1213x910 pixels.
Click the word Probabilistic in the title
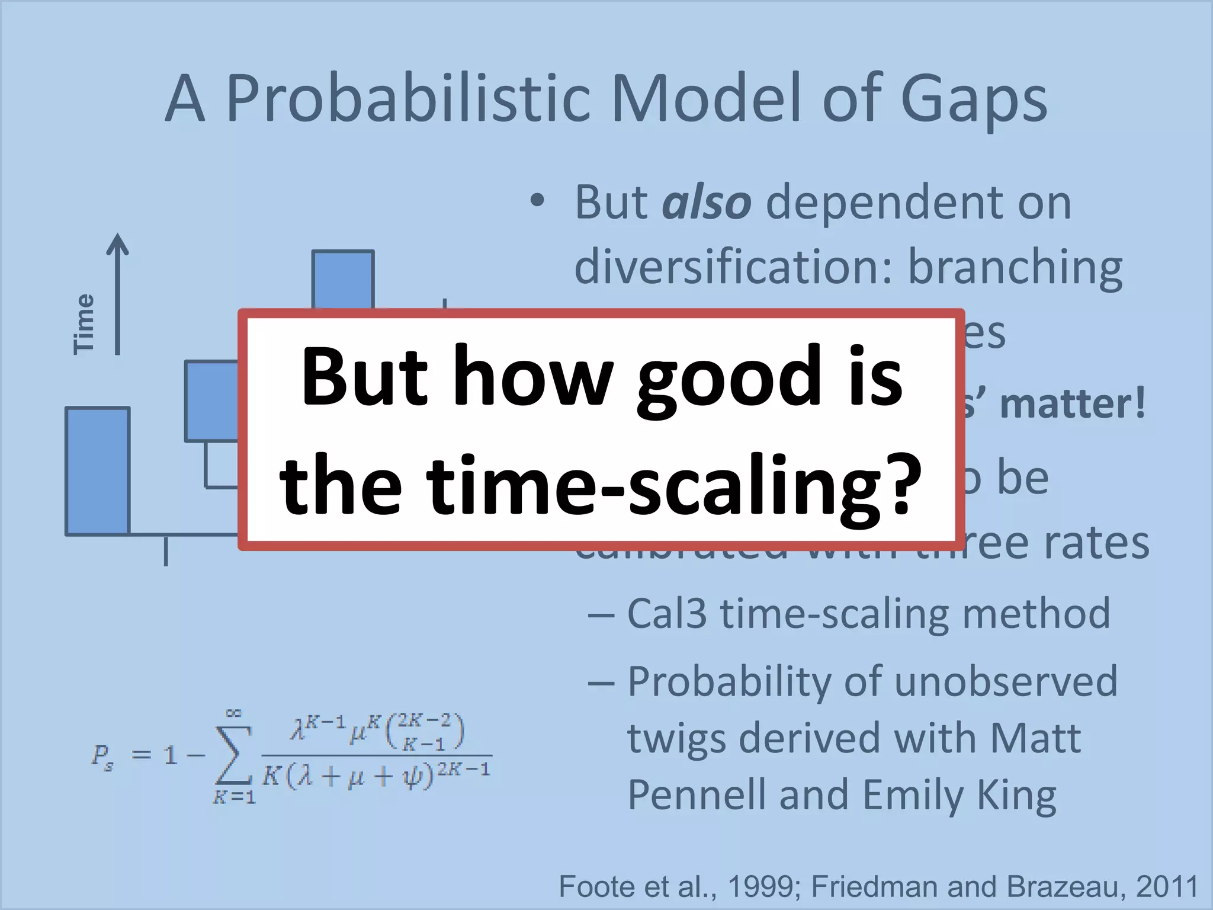tap(409, 98)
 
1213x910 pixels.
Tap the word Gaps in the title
tap(974, 98)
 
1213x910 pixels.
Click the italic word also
tap(707, 203)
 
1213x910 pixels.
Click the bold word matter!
tap(1073, 404)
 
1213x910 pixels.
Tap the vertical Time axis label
tap(84, 323)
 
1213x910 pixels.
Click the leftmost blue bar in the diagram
tap(98, 471)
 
